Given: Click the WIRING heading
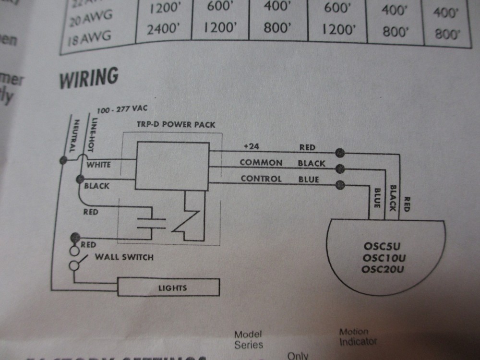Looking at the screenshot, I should pyautogui.click(x=89, y=78).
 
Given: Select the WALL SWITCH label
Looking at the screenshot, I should pyautogui.click(x=124, y=257).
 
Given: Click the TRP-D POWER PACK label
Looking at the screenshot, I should pyautogui.click(x=176, y=124).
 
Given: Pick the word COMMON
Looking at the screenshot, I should pyautogui.click(x=261, y=163).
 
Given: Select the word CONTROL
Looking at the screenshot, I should pyautogui.click(x=261, y=179).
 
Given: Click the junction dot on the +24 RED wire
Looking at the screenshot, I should pyautogui.click(x=340, y=153).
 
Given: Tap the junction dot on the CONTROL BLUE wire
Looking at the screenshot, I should pyautogui.click(x=341, y=184).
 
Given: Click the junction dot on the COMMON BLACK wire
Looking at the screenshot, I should pyautogui.click(x=341, y=168).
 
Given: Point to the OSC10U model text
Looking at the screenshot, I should pyautogui.click(x=384, y=259).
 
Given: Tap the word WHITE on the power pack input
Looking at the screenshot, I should pyautogui.click(x=98, y=165).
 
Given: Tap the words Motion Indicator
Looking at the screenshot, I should pyautogui.click(x=357, y=337).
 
